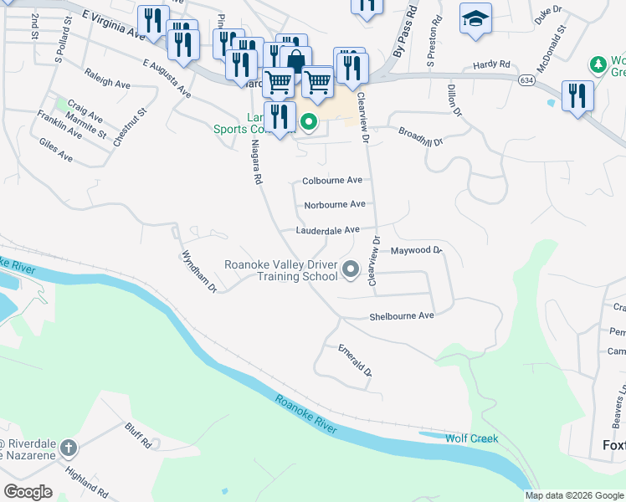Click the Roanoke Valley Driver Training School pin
pos(351,269)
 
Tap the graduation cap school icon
pos(475,18)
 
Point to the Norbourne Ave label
pos(335,205)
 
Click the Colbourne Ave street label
pos(332,181)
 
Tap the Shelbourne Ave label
pos(402,316)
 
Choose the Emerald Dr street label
pos(354,361)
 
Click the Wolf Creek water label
pos(472,438)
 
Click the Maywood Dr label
pos(416,250)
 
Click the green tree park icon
pos(598,64)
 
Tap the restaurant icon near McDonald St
pos(577,95)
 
